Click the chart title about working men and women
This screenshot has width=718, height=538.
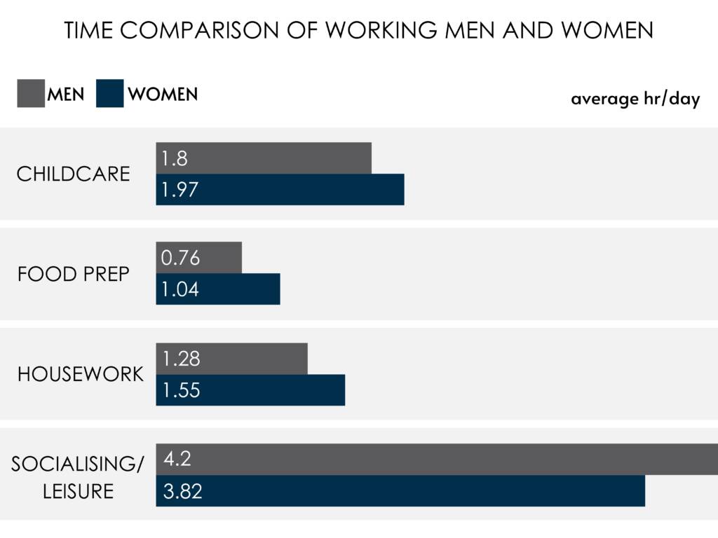click(x=358, y=31)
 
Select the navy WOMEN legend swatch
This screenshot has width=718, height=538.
click(x=110, y=94)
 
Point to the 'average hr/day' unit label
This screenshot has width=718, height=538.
click(x=635, y=99)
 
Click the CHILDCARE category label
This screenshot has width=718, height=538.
click(x=74, y=174)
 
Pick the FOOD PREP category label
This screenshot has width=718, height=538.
click(x=74, y=274)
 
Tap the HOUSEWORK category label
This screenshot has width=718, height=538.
click(x=80, y=374)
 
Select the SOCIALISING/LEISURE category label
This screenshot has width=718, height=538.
click(x=78, y=477)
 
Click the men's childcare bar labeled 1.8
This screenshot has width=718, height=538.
click(x=280, y=158)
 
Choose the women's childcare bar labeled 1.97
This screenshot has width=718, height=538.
click(x=294, y=190)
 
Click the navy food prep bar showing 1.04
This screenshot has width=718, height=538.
click(x=231, y=289)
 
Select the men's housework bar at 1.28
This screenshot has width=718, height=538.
click(x=245, y=359)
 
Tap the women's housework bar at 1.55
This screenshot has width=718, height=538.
click(x=266, y=390)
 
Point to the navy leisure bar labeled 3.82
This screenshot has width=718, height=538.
click(x=421, y=490)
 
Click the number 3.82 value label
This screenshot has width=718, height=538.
click(x=182, y=491)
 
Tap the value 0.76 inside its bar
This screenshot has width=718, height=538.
click(x=180, y=258)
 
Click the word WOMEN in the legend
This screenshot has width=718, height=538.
click(x=163, y=94)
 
